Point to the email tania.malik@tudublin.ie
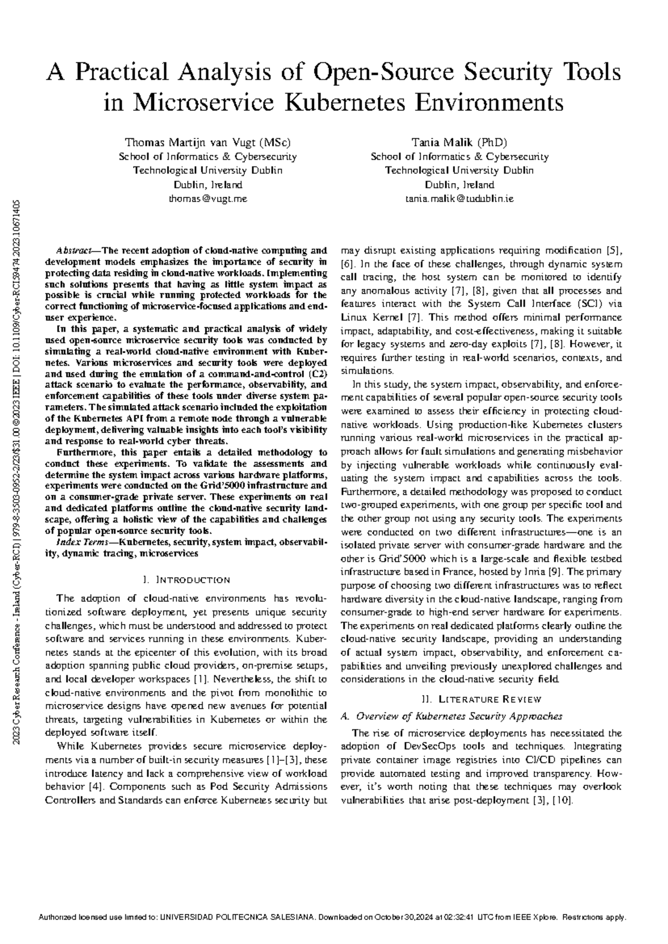coord(459,199)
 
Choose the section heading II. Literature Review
coord(481,699)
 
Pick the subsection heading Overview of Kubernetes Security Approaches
coord(459,716)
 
